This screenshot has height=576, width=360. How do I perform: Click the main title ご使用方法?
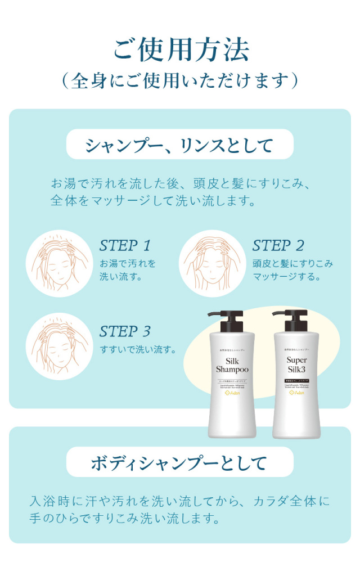(180, 50)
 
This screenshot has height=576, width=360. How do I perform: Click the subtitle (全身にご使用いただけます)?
(180, 80)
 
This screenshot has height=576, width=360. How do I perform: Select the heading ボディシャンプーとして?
(180, 462)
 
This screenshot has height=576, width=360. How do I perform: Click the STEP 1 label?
(125, 246)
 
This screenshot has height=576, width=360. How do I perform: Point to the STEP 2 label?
(278, 246)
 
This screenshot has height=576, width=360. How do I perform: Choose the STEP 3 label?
(125, 331)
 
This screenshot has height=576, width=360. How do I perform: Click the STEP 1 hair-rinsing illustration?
(59, 263)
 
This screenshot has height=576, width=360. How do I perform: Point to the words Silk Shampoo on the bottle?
(232, 364)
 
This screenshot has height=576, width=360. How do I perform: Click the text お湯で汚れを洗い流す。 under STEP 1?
(128, 270)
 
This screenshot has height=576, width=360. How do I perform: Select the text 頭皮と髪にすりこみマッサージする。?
(292, 270)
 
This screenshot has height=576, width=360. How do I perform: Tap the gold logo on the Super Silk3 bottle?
(296, 393)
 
